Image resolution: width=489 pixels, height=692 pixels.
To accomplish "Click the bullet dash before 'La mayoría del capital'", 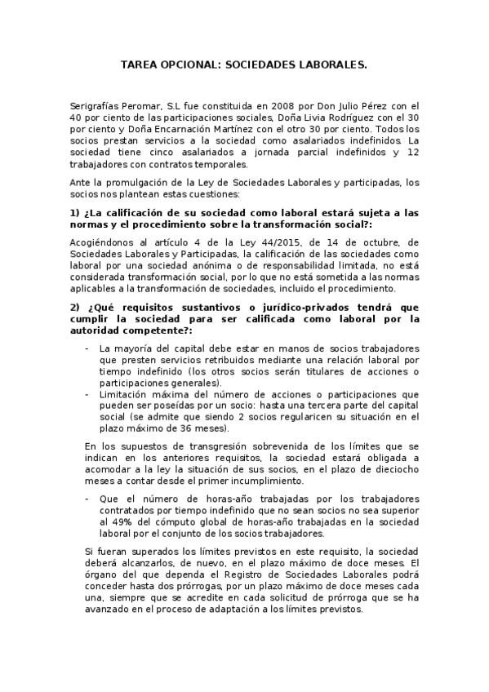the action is [x=87, y=348].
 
